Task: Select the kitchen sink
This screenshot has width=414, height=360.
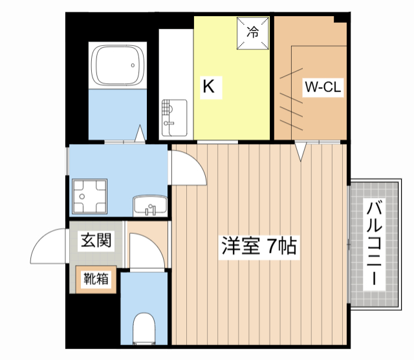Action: tap(173, 117)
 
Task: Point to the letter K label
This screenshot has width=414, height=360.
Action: tap(208, 87)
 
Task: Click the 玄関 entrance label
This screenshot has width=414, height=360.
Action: tap(96, 241)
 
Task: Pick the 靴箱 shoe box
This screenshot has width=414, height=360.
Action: tap(95, 279)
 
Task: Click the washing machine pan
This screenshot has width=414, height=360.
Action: tap(90, 195)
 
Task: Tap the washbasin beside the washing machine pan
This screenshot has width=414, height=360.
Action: tap(149, 206)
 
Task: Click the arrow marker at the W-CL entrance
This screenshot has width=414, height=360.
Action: tap(301, 153)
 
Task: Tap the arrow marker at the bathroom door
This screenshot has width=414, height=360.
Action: tap(140, 134)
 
